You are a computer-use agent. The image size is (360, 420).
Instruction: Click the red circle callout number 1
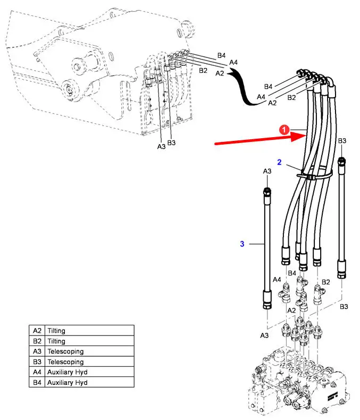[x=284, y=129]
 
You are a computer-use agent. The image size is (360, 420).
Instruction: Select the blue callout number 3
[x=242, y=244]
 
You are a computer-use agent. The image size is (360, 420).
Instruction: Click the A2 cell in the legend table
[x=37, y=331]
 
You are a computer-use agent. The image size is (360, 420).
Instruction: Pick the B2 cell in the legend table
[x=37, y=341]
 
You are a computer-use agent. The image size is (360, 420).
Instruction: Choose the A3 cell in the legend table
[x=37, y=351]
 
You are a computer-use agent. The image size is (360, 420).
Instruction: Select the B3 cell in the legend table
[x=37, y=362]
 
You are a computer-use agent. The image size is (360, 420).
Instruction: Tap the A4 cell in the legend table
[x=37, y=372]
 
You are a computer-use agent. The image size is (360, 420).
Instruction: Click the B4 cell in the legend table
[x=37, y=382]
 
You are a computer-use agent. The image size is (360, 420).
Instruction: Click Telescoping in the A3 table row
[x=65, y=351]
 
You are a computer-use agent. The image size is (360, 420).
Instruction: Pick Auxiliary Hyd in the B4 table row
[x=67, y=382]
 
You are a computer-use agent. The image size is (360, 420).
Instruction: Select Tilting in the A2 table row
[x=56, y=331]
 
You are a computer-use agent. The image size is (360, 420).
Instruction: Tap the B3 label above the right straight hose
[x=342, y=141]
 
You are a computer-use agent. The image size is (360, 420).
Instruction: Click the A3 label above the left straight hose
[x=267, y=171]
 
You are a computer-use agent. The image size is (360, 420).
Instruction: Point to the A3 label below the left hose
[x=264, y=336]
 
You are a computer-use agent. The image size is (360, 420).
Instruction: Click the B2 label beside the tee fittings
[x=326, y=282]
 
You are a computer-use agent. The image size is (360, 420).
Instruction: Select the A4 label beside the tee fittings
[x=277, y=280]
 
